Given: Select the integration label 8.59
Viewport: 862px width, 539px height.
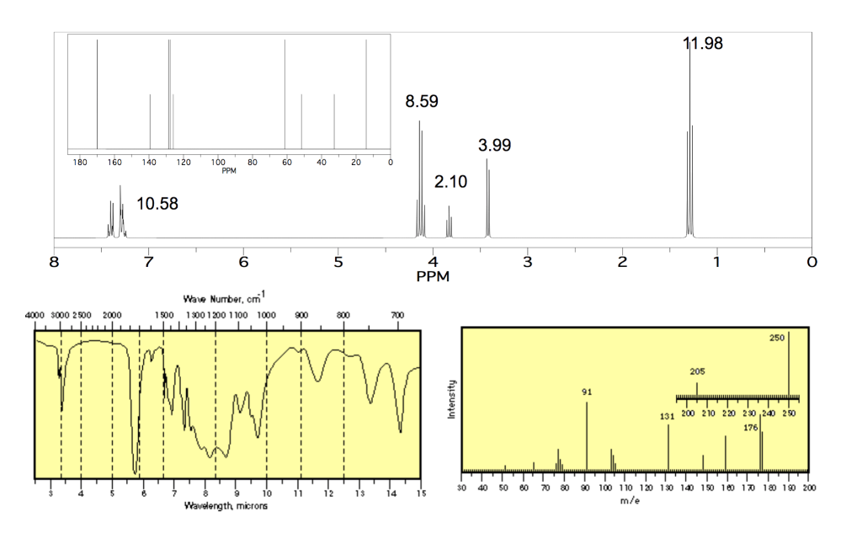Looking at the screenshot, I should click(x=422, y=102).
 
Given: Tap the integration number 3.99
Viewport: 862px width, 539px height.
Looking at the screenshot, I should click(x=494, y=145).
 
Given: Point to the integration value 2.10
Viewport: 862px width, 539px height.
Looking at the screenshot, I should click(x=450, y=182).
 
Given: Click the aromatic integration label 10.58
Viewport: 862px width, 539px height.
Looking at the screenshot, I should click(x=157, y=203).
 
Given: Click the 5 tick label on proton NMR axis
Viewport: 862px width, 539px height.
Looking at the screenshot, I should click(x=338, y=262).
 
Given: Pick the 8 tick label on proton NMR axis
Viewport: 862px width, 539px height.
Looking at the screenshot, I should click(x=55, y=262).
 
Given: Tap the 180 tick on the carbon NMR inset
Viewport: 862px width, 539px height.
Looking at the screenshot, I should click(x=81, y=161).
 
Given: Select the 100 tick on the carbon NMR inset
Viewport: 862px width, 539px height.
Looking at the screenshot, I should click(x=218, y=161).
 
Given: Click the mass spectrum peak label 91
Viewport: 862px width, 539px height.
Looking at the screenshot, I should click(x=587, y=392).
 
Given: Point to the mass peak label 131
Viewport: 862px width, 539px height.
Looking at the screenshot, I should click(x=668, y=416).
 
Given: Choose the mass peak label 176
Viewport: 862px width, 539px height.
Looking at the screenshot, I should click(x=752, y=428).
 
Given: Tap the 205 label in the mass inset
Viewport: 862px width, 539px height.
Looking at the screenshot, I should click(x=697, y=371).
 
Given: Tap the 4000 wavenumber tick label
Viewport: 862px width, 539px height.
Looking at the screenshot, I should click(x=35, y=314).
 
